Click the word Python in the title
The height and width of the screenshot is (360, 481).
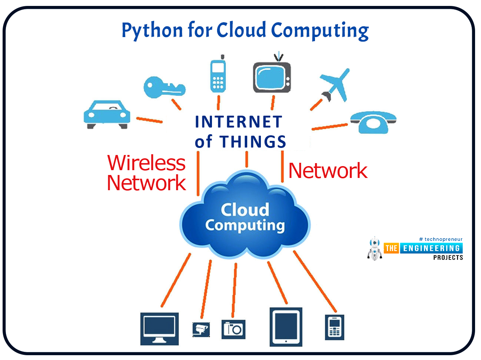pyautogui.click(x=152, y=31)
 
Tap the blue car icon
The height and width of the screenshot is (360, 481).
pyautogui.click(x=107, y=115)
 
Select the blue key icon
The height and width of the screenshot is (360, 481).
pyautogui.click(x=165, y=87)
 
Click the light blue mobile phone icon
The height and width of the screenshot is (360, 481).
pyautogui.click(x=218, y=74)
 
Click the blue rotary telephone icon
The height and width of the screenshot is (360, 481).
pyautogui.click(x=374, y=122)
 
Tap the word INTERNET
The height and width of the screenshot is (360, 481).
pyautogui.click(x=238, y=122)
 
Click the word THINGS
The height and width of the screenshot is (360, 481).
pyautogui.click(x=253, y=141)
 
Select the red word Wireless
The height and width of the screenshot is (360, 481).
pyautogui.click(x=146, y=163)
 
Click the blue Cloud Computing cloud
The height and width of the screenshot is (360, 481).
pyautogui.click(x=245, y=214)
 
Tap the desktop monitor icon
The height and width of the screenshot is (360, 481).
pyautogui.click(x=159, y=329)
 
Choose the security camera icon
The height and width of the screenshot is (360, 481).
pyautogui.click(x=201, y=330)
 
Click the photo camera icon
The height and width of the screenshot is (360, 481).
pyautogui.click(x=233, y=329)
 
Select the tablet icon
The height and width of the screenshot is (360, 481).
pyautogui.click(x=286, y=327)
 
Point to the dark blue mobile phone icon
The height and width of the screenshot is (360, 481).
pyautogui.click(x=334, y=327)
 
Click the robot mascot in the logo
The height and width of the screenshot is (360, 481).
pyautogui.click(x=375, y=249)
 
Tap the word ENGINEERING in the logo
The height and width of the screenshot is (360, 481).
pyautogui.click(x=431, y=248)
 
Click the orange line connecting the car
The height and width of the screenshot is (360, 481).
pyautogui.click(x=149, y=120)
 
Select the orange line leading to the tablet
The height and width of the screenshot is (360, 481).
pyautogui.click(x=277, y=283)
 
